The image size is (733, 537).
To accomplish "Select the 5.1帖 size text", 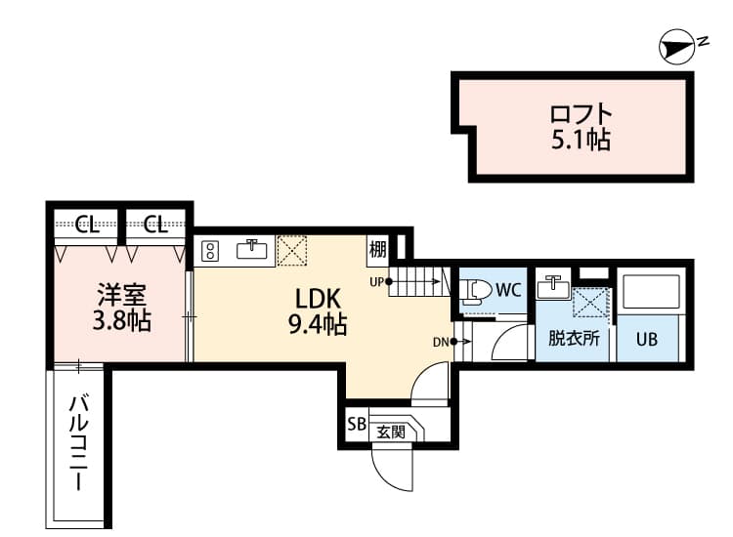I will (582, 141).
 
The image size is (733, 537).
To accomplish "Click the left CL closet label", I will (86, 227).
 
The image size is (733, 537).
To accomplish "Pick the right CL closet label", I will (155, 227).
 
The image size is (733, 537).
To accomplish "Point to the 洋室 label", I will (116, 294).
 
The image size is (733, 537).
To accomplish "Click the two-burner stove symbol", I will (209, 251).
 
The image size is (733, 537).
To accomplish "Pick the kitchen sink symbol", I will (252, 249).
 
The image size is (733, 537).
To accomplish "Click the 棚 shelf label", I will (378, 251).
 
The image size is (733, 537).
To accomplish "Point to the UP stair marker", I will (376, 282).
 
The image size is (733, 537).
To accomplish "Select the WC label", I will (508, 290).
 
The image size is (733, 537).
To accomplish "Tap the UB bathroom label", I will (647, 340).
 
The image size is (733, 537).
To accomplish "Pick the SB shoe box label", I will (355, 425).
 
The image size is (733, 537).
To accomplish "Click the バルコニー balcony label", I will (79, 444).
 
